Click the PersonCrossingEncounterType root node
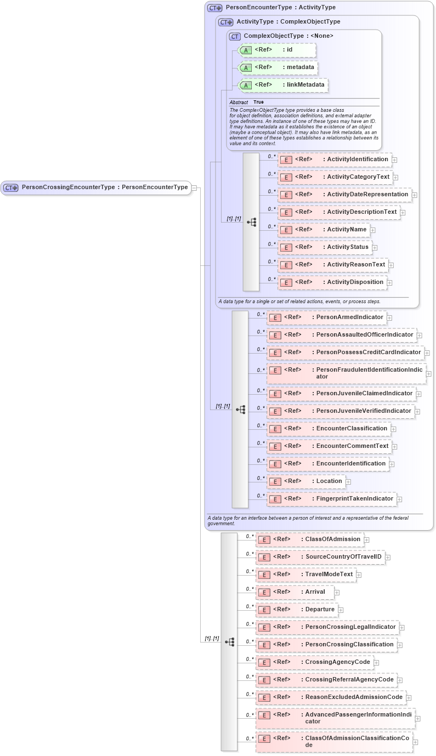point(97,187)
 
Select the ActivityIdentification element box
point(335,160)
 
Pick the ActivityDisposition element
point(332,282)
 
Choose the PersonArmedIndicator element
point(326,317)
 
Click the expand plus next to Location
point(348,482)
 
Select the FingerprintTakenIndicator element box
point(331,499)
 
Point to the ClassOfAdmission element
point(310,539)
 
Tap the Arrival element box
point(295,592)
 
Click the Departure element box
point(297,610)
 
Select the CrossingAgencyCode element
point(315,662)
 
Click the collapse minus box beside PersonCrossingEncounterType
point(194,187)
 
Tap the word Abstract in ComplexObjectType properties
point(239,103)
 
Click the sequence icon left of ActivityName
point(252,222)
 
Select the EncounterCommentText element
point(329,446)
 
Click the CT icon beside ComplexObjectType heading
point(235,36)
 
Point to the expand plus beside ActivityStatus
point(375,248)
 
